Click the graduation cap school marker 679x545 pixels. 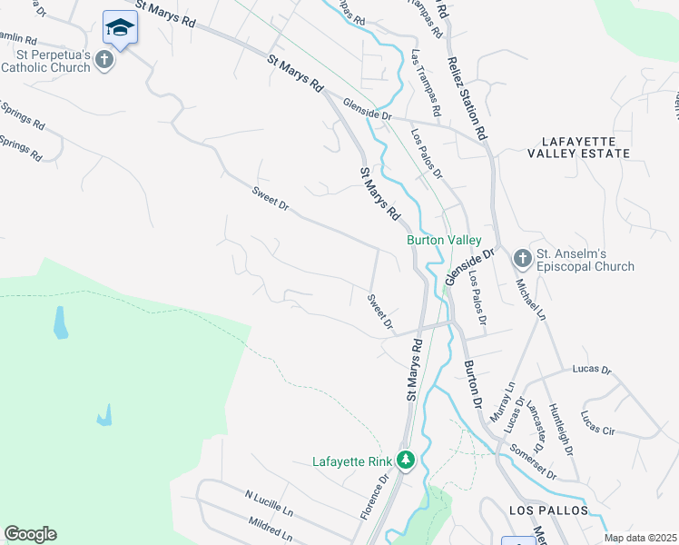coord(120,28)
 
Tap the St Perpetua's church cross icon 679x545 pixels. coord(105,61)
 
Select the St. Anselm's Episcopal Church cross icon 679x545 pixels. coord(522,259)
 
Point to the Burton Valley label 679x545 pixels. coord(443,240)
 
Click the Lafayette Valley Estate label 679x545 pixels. coord(585,147)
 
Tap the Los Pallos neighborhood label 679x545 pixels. coord(548,510)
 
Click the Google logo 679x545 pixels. coord(30,534)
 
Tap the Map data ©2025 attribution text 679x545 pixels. coord(639,538)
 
